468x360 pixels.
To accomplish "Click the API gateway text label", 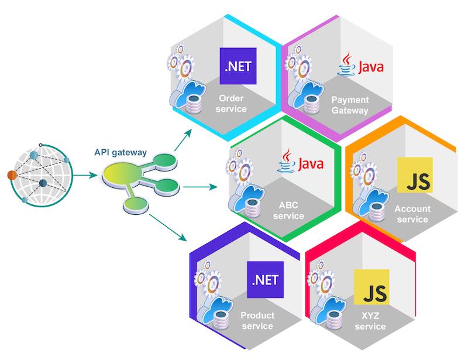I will click(121, 153).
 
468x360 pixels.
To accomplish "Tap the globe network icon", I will click(42, 174).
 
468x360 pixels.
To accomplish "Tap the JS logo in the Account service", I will click(415, 174).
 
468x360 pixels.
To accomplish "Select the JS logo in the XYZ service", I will click(372, 289).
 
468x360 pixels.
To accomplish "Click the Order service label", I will click(232, 104).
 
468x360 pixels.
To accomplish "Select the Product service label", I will click(257, 321).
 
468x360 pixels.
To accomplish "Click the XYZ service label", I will click(370, 321).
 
